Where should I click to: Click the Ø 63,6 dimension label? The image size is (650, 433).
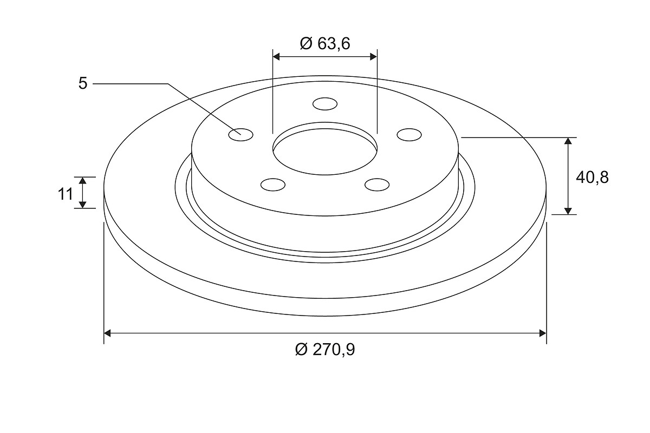(325, 44)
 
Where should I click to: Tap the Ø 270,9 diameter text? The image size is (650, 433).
(325, 350)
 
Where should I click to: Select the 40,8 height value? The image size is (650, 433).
(592, 177)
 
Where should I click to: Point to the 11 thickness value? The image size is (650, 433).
(66, 194)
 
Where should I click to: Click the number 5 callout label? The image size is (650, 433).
(83, 83)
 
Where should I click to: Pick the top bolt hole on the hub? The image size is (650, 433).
(325, 104)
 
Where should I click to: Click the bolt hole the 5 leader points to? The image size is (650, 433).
(241, 135)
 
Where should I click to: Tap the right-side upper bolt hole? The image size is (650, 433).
(409, 135)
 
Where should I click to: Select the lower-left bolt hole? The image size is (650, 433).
(273, 185)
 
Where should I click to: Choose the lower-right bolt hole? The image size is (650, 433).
(377, 185)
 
